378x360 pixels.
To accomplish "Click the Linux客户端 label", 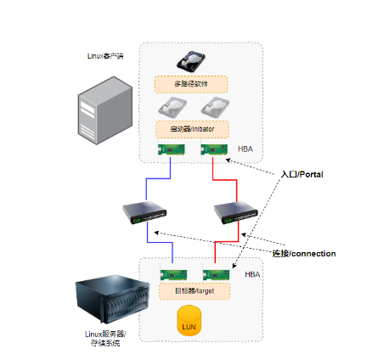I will point(105,57).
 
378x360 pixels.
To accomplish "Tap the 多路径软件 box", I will point(191,84).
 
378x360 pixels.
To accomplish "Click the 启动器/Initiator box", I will point(191,129).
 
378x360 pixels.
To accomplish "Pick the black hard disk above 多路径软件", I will point(190,62).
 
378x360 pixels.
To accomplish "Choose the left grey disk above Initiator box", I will point(172,108).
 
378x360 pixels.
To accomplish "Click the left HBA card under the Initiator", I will point(172,150).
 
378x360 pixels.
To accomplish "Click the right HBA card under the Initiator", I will point(212,150).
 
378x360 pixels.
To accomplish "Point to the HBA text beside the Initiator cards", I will point(245,149).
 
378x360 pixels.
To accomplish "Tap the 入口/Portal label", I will point(302,174).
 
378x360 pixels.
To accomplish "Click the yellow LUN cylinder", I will point(189,323).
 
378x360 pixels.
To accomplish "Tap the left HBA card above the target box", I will point(173,273).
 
